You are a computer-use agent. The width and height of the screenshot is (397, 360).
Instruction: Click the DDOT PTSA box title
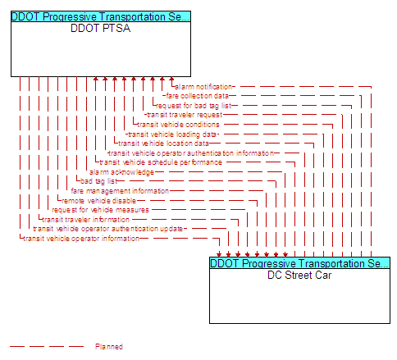(x=100, y=28)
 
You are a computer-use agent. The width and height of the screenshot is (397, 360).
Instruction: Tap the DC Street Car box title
(x=299, y=275)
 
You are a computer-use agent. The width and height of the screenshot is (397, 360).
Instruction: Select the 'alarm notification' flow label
(x=203, y=87)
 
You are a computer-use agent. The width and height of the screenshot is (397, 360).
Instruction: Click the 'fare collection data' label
(x=197, y=96)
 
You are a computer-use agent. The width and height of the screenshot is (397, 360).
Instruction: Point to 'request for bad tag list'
(x=194, y=106)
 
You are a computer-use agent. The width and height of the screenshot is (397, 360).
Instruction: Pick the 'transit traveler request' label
(x=185, y=115)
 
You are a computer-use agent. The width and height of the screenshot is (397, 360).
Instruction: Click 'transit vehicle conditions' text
(x=178, y=125)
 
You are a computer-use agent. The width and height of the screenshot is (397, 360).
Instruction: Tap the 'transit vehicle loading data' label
(x=172, y=134)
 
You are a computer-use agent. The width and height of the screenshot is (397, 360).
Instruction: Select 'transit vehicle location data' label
(x=163, y=144)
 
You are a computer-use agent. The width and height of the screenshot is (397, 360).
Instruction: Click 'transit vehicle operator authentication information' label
(x=191, y=153)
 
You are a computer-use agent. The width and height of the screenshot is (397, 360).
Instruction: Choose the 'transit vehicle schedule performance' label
(x=161, y=162)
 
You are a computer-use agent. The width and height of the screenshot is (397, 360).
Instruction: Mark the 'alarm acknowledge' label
(x=121, y=172)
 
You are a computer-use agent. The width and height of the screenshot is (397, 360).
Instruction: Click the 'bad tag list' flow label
(x=98, y=181)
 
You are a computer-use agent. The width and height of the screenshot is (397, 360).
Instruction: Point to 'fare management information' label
(x=120, y=191)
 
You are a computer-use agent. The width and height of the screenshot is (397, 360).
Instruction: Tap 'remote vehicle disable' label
(x=98, y=201)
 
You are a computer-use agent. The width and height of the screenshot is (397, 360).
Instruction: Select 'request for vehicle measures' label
(x=100, y=210)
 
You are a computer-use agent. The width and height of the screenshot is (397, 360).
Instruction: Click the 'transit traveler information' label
(x=85, y=220)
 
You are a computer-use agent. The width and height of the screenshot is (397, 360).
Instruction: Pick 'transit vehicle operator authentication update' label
(x=108, y=229)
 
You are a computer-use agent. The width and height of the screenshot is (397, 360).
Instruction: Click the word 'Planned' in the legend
(x=109, y=347)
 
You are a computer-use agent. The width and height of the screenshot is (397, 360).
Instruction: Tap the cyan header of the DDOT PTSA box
(x=101, y=16)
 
